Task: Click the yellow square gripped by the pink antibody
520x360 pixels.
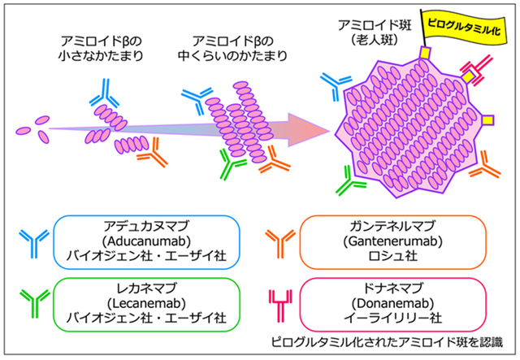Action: [468, 76]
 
